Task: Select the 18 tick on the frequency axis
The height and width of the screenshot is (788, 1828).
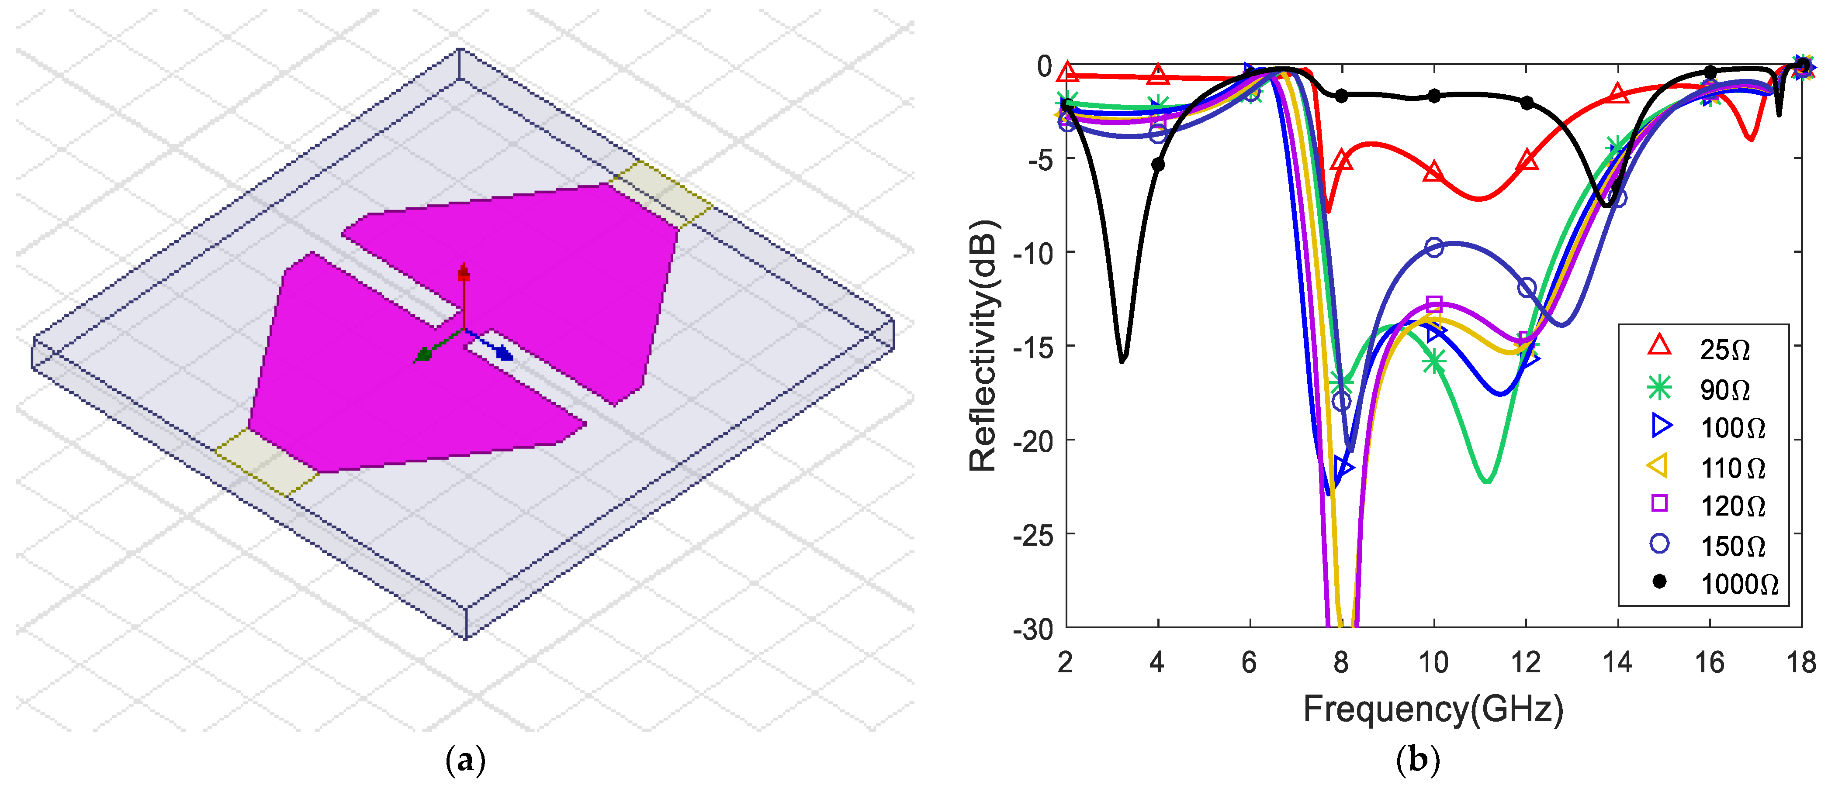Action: [x=1801, y=662]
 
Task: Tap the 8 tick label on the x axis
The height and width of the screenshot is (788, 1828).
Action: [x=1340, y=662]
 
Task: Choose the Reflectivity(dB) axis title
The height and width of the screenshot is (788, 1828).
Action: [x=983, y=346]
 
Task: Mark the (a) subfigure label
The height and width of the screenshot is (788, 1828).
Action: [x=465, y=760]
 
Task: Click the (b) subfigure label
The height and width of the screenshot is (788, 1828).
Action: [x=1417, y=760]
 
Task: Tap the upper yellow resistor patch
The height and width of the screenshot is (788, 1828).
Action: [x=661, y=193]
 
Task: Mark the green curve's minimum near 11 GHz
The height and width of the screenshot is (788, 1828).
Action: [x=1487, y=482]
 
